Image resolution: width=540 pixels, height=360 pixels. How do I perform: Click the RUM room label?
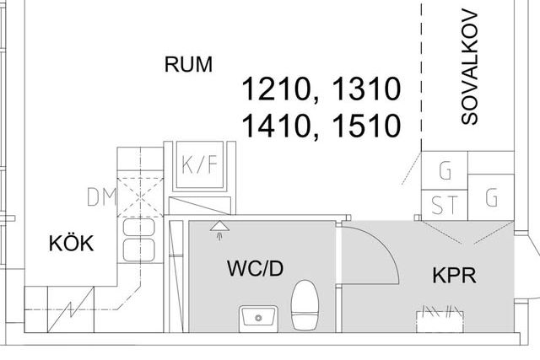188,64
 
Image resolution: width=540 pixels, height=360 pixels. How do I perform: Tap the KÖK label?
71,243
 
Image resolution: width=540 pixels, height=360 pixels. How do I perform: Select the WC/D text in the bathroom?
255,268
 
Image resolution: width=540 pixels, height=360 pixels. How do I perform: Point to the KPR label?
454,276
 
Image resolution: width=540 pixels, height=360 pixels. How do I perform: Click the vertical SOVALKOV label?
470,67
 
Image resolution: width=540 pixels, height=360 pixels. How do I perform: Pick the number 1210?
276,89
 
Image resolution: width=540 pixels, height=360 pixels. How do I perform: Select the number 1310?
366,89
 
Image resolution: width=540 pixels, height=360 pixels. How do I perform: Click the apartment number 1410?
276,126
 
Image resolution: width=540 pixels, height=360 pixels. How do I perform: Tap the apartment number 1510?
366,126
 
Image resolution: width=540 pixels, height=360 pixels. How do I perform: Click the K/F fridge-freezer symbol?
200,165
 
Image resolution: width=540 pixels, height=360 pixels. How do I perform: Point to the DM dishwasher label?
101,197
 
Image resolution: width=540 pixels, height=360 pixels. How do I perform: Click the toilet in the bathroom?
305,305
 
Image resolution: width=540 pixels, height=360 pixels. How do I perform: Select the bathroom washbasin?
258,319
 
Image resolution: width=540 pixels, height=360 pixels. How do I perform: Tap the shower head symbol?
219,229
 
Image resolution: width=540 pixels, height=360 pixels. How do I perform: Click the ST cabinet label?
445,205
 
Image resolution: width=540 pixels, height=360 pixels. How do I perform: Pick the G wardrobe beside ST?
491,197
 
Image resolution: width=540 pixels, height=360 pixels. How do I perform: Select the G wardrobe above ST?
445,170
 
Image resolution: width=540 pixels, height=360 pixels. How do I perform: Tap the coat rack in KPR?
440,319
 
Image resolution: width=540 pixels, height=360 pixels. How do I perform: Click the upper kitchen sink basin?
138,228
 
